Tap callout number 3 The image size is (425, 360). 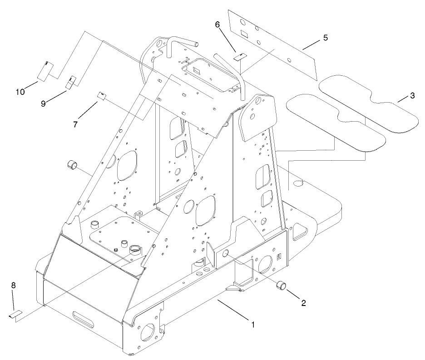coord(412,96)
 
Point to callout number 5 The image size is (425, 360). coord(325,38)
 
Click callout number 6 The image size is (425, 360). coord(218,25)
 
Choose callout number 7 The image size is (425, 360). coord(75,123)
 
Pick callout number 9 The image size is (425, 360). coord(43,104)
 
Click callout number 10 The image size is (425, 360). coord(20,92)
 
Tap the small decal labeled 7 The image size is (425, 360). coord(102,95)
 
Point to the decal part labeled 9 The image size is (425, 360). coord(72,83)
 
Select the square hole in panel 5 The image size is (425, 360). coord(244,34)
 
